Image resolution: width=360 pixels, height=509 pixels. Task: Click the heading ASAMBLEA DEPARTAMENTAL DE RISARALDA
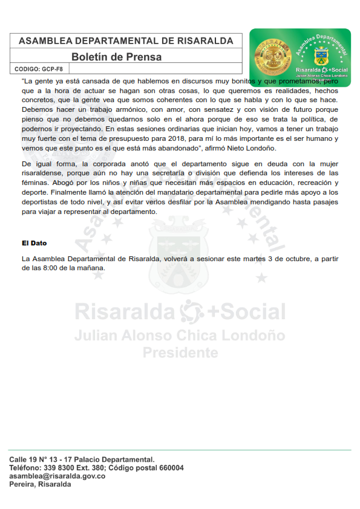(x=126, y=41)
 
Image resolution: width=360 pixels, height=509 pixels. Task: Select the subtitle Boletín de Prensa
(x=116, y=57)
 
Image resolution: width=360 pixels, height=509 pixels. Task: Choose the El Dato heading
(x=34, y=243)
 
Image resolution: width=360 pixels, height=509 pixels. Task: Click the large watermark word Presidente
(x=180, y=352)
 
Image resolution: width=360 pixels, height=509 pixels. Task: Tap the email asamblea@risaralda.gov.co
(x=57, y=476)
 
